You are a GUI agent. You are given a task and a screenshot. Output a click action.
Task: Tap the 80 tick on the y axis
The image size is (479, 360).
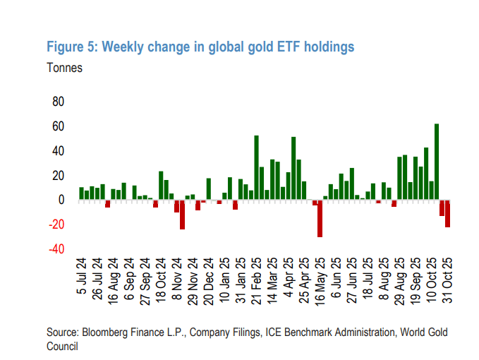[x=58, y=102]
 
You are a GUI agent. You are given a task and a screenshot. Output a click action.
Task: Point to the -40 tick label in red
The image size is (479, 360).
[x=56, y=249]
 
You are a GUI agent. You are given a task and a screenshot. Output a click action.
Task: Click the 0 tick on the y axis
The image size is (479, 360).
[x=61, y=200]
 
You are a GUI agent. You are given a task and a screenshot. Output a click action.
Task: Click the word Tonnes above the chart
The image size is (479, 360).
[x=65, y=68]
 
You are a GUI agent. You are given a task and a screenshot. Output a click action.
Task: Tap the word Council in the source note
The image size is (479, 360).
[x=62, y=347]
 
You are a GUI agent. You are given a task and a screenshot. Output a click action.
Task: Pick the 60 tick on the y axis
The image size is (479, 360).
[x=58, y=126]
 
